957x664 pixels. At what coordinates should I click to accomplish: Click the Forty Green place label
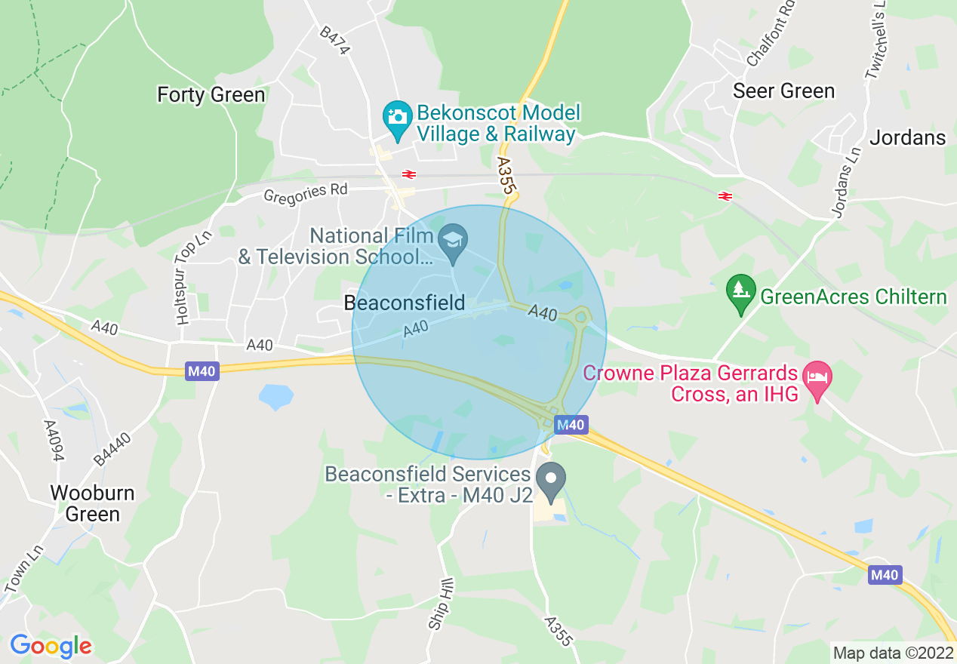[x=211, y=95]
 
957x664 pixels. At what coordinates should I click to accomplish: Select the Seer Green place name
[x=784, y=91]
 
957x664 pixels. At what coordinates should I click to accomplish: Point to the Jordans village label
[x=907, y=137]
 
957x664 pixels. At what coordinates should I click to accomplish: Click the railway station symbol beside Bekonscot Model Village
[x=409, y=174]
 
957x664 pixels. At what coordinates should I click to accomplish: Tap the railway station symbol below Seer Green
[x=725, y=196]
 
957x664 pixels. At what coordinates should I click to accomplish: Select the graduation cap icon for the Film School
[x=453, y=241]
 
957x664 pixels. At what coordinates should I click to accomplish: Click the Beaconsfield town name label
[x=405, y=303]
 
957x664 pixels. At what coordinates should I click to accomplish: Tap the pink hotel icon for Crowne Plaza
[x=816, y=375]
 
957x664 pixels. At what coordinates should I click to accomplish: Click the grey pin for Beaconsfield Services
[x=551, y=479]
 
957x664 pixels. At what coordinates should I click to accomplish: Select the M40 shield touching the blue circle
[x=571, y=426]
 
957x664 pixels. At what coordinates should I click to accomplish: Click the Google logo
[x=51, y=646]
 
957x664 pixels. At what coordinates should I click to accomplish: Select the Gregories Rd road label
[x=306, y=194]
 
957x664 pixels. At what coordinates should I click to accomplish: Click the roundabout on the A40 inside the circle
[x=580, y=318]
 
